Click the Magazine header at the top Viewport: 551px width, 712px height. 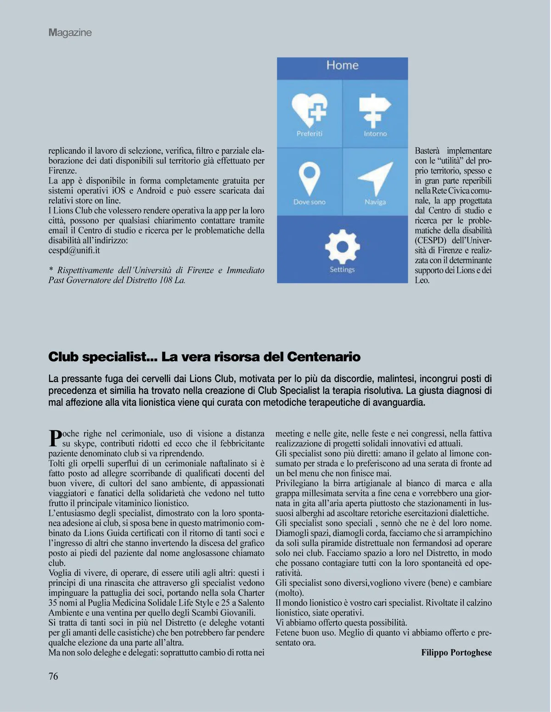pyautogui.click(x=70, y=33)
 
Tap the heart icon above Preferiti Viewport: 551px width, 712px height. pyautogui.click(x=309, y=109)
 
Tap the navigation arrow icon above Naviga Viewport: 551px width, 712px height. pyautogui.click(x=376, y=178)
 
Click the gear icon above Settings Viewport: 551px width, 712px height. pyautogui.click(x=342, y=247)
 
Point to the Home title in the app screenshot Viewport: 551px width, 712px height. pyautogui.click(x=342, y=65)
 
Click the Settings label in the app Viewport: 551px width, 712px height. pyautogui.click(x=342, y=269)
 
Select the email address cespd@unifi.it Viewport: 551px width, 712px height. pyautogui.click(x=74, y=251)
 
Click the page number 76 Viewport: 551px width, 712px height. pyautogui.click(x=53, y=676)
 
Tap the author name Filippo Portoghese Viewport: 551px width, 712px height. pyautogui.click(x=456, y=653)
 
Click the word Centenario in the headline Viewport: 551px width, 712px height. pyautogui.click(x=324, y=357)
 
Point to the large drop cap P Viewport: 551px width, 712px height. pyautogui.click(x=55, y=438)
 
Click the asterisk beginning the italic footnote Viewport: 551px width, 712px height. pyautogui.click(x=51, y=270)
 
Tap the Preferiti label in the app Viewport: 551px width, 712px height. pyautogui.click(x=309, y=134)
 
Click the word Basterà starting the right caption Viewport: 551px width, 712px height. pyautogui.click(x=427, y=151)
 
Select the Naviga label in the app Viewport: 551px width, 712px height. pyautogui.click(x=375, y=202)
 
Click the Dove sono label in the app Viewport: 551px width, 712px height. pyautogui.click(x=309, y=202)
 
